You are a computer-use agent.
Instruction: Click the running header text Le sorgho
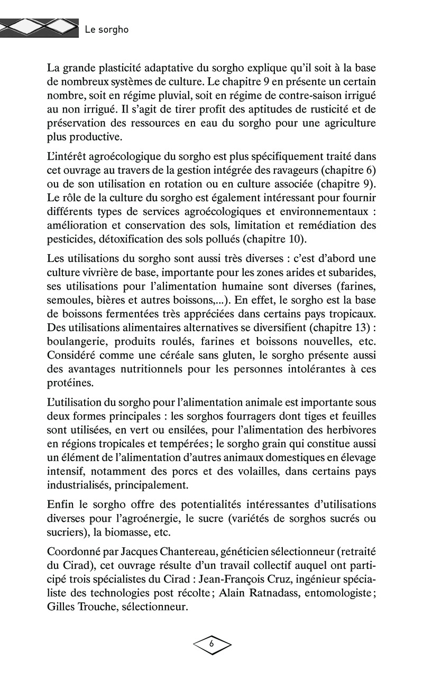tap(106, 30)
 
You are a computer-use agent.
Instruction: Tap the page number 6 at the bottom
tap(212, 643)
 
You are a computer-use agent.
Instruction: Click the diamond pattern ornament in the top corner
tap(37, 26)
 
